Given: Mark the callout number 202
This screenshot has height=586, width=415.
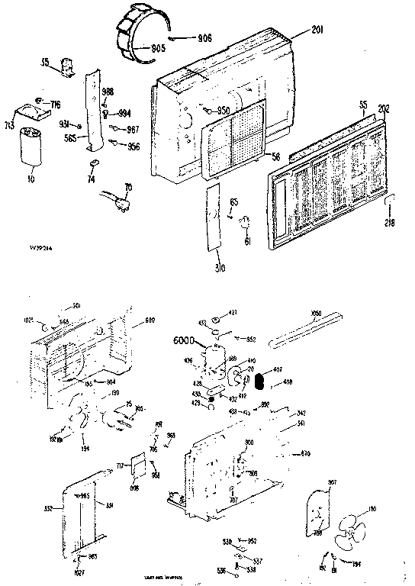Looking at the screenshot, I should tap(384, 108).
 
